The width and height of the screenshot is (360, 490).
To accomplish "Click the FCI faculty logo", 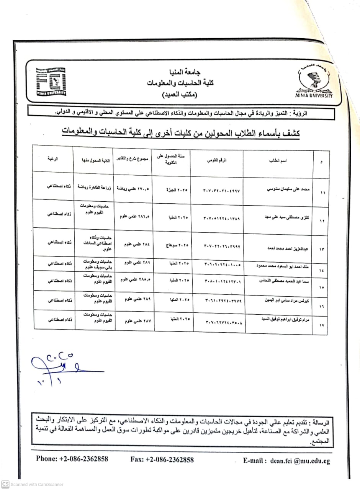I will click(x=51, y=82).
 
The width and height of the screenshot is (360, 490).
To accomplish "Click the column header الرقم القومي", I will click(x=217, y=161).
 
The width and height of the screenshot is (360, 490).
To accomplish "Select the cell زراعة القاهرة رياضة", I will click(x=94, y=188).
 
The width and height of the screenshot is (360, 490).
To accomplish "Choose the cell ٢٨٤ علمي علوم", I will click(x=134, y=243).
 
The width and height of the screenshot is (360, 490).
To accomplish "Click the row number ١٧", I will click(x=321, y=325).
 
